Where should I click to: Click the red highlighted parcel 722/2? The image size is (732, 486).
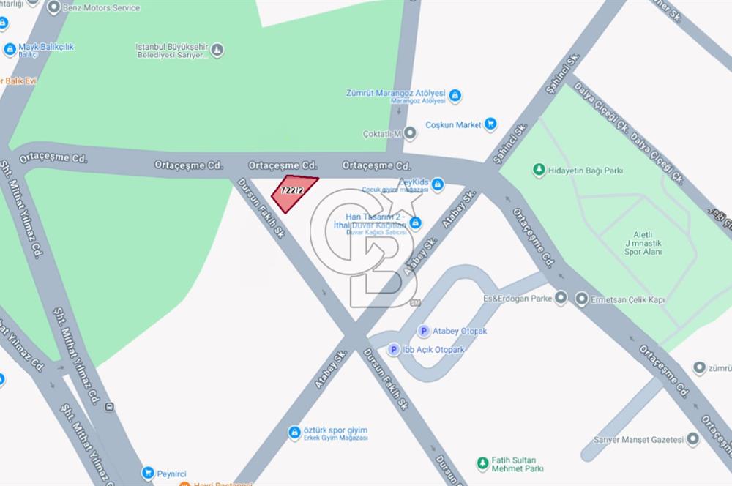coord(294,192)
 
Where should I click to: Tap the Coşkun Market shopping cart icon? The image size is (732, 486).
coord(491,124)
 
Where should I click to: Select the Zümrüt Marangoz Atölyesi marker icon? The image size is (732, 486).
coord(455,95)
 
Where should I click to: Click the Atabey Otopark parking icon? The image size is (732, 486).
coord(423,331)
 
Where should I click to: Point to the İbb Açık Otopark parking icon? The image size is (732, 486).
coord(393,350)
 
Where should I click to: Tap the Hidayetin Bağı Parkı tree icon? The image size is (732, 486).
coord(539,170)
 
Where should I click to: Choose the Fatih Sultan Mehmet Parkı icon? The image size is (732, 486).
coord(482,463)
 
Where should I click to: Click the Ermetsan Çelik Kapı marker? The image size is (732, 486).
coord(581,298)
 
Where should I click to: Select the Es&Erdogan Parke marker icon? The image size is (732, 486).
coord(561,298)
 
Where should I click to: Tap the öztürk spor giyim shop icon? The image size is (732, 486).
coord(294,433)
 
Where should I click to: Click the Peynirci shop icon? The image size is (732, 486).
coord(148,473)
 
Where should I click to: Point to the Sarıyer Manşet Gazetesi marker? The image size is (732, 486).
coord(692,439)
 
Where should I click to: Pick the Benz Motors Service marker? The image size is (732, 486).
coord(53,8)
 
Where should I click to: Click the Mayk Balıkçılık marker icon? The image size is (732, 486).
coord(10,50)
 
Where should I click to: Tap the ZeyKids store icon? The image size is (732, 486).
coord(438,184)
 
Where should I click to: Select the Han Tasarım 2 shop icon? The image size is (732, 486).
coord(415,221)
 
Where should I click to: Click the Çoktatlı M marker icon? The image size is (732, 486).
coord(410,133)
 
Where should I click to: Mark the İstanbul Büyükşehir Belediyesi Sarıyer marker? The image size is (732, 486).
coord(217,51)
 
